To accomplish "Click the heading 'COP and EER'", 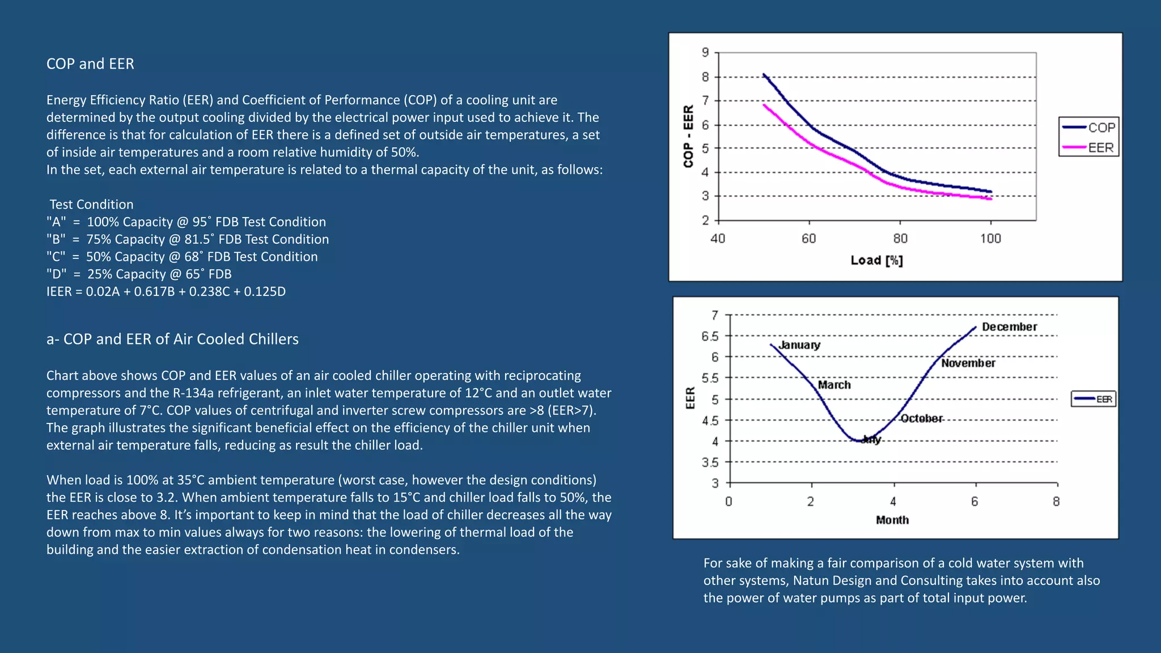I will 90,63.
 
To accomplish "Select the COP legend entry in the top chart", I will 1089,128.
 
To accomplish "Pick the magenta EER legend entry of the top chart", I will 1089,147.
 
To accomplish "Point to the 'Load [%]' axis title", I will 876,260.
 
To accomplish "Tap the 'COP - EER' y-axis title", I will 688,136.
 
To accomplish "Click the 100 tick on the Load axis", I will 990,239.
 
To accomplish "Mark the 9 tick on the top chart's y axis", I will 705,52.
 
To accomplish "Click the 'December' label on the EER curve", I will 1009,326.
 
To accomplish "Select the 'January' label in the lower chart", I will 799,345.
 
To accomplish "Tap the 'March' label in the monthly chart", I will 834,385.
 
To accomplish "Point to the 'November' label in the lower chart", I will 968,363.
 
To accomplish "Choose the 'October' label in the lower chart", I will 921,418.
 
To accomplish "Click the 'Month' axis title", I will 892,520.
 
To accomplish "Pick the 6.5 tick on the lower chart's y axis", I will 710,336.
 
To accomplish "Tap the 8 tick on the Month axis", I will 1056,502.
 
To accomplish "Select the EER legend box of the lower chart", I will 1094,399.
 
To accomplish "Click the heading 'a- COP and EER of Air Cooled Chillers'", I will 172,339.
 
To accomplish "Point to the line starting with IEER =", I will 166,291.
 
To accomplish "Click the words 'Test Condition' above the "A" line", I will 91,204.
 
